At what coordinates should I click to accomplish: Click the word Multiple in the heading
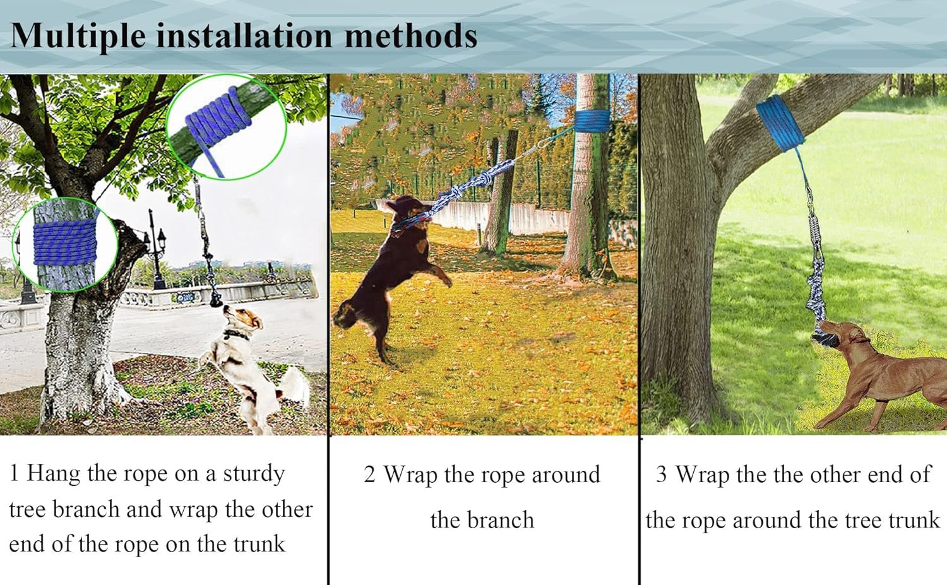coord(78,37)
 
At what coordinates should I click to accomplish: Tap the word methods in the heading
coord(411,35)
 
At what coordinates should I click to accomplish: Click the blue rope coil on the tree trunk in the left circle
coord(65,242)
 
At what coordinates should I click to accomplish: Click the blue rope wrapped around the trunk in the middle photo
coord(592,121)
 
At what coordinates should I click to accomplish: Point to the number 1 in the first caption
coord(14,473)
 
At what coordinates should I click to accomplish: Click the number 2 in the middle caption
coord(369,475)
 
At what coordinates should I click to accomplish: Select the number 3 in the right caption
coord(661,474)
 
